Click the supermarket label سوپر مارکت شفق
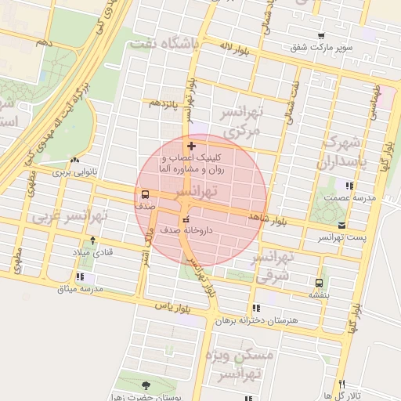point(322,48)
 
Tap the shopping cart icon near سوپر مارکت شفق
point(321,36)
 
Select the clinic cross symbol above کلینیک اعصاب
point(191,146)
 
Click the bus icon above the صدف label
point(145,195)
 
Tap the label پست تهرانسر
point(341,237)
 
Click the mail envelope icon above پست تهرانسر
point(341,226)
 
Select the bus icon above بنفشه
point(318,284)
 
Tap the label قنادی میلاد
point(93,251)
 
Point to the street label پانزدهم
point(164,103)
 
